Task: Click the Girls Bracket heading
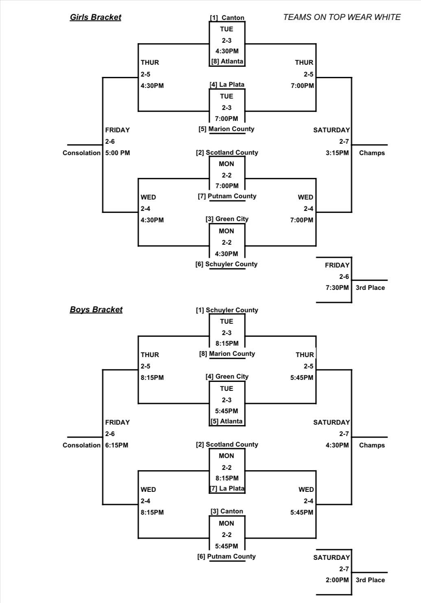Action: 96,17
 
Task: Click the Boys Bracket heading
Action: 96,309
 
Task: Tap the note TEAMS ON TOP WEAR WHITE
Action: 342,17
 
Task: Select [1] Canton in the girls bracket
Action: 227,18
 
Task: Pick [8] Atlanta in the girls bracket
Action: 227,61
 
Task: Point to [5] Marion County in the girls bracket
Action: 226,129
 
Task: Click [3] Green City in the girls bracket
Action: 227,219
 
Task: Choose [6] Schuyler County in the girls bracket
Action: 226,264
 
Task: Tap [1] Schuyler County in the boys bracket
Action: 227,310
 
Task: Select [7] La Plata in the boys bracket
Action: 227,489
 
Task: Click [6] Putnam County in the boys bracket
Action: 227,557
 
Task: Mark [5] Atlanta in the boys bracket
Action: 227,421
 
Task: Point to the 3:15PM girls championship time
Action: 337,153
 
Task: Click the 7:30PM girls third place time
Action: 337,288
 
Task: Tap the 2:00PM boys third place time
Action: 337,580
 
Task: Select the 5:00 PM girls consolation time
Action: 118,153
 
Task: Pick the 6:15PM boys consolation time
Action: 117,445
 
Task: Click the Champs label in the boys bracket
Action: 372,445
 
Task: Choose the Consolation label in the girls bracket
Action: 81,153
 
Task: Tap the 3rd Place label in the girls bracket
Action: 370,288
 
